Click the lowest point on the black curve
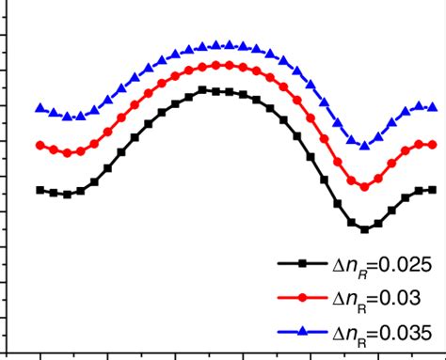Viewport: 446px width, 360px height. [x=365, y=228]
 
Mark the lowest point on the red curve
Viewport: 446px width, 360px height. [x=365, y=187]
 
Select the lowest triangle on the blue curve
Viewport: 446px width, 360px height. [x=365, y=145]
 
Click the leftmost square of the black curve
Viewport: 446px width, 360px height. [x=40, y=190]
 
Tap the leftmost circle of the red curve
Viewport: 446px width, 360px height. [x=40, y=146]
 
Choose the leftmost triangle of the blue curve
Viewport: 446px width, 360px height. [x=40, y=108]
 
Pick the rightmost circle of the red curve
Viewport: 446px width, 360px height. [x=433, y=145]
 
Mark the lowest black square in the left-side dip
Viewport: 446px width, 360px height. [x=67, y=194]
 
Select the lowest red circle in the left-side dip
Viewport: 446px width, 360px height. [x=67, y=152]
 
